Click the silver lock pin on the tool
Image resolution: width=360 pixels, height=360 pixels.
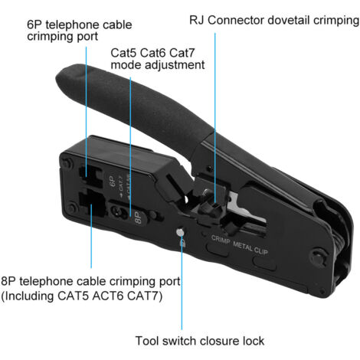click(179, 233)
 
